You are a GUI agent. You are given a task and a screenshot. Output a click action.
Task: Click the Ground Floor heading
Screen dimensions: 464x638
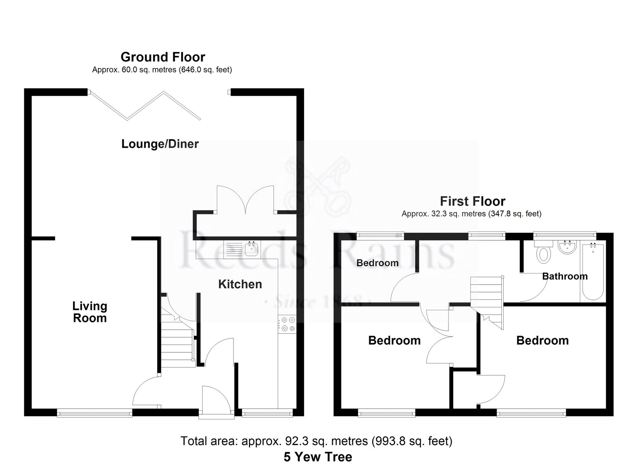(163, 57)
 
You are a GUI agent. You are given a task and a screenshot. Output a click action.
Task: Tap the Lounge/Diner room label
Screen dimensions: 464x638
(160, 144)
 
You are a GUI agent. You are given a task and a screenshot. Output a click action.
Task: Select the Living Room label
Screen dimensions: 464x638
(90, 312)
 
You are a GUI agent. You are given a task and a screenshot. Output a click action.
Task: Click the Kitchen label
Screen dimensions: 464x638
(240, 284)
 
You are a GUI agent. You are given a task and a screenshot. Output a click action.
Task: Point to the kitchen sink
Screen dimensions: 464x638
(251, 248)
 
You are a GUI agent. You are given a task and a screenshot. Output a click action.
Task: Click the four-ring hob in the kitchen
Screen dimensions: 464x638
(287, 324)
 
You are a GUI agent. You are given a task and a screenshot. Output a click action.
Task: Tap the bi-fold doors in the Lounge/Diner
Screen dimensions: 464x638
(145, 105)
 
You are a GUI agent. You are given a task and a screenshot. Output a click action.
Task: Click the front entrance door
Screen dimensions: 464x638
(216, 400)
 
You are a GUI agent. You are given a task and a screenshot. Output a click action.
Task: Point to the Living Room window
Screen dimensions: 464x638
(94, 414)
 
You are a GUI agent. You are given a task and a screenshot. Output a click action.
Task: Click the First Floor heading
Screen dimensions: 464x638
(472, 201)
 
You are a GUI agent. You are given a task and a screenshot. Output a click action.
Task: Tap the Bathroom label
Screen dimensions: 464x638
(565, 276)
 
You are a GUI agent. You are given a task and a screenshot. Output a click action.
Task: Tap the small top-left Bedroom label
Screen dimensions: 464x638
(377, 263)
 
